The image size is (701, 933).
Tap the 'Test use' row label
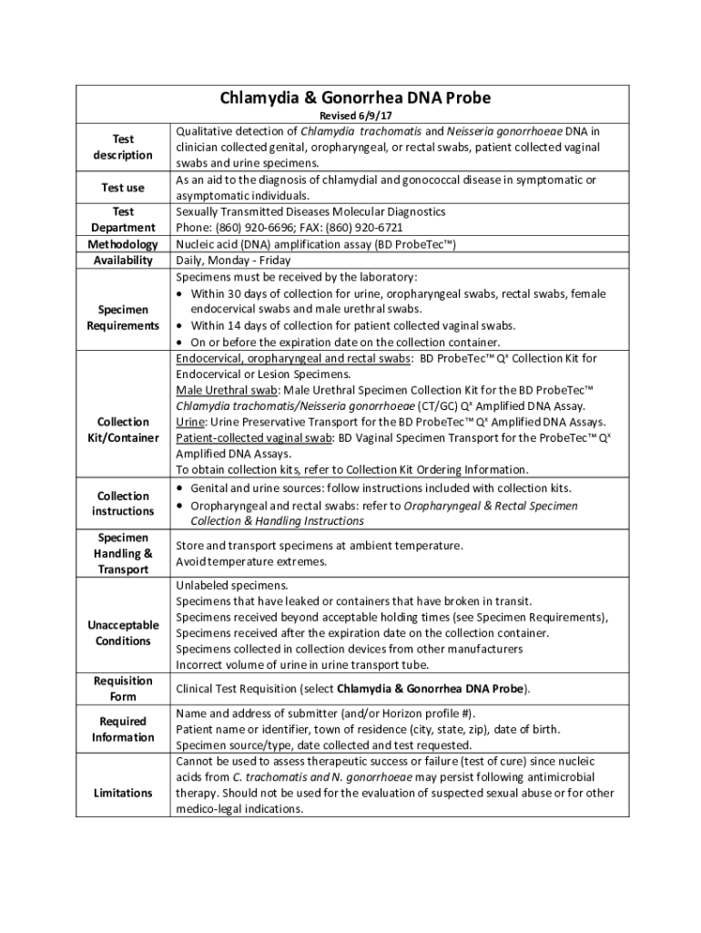tap(123, 188)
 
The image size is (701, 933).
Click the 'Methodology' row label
tap(123, 244)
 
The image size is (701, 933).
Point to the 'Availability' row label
tap(123, 261)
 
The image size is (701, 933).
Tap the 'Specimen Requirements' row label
tap(123, 318)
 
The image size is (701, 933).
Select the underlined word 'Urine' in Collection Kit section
tap(191, 423)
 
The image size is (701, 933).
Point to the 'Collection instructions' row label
tap(123, 504)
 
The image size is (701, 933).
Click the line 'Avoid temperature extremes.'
tap(250, 561)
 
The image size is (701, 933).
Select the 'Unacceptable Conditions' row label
tap(123, 633)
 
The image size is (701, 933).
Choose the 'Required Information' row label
tap(123, 729)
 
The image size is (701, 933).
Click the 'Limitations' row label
tap(123, 793)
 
